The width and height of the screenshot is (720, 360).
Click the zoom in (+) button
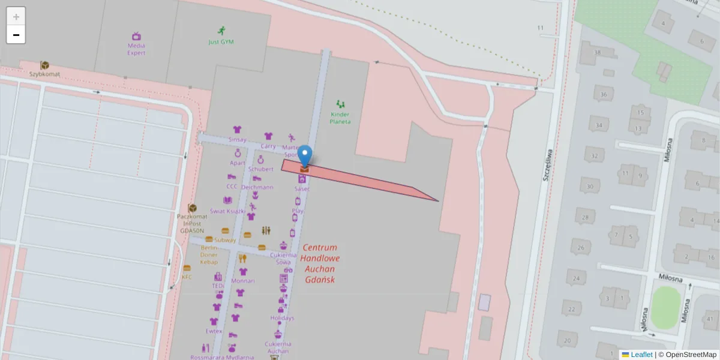point(16,17)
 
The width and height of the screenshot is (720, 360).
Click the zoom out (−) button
point(16,35)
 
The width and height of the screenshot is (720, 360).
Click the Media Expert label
point(136,49)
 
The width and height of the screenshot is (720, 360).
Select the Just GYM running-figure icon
point(221,31)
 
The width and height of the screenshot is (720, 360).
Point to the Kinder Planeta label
point(340,118)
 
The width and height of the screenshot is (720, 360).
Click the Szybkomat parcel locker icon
point(44,65)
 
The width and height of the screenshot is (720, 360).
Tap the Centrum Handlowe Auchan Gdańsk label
point(320,263)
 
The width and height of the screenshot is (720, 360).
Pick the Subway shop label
point(225,240)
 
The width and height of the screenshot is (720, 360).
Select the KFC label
point(187,277)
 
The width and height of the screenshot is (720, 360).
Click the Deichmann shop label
point(257,187)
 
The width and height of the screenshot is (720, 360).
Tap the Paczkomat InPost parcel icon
point(193,208)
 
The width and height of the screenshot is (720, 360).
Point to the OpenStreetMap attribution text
point(690,355)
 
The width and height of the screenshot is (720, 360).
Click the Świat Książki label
point(227,211)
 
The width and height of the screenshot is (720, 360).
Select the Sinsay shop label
point(238,139)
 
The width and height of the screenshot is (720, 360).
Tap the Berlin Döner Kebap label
point(209,254)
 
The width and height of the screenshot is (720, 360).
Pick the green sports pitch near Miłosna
point(664,307)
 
